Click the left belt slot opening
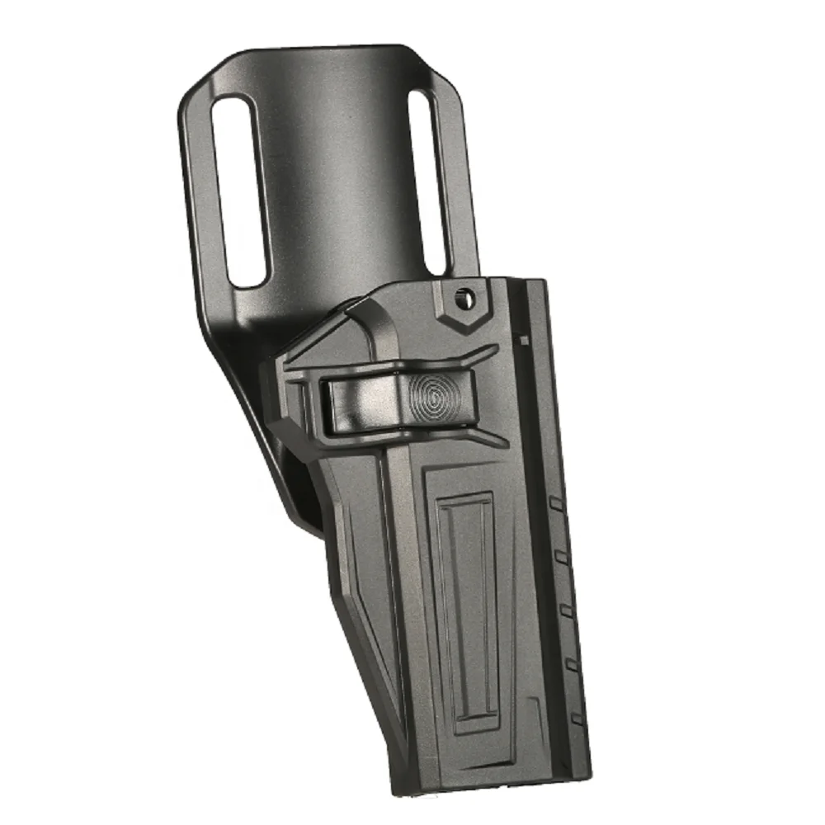pyautogui.click(x=238, y=191)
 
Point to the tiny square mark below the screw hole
pyautogui.click(x=523, y=337)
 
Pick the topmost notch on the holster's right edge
pyautogui.click(x=556, y=502)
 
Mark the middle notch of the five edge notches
pyautogui.click(x=566, y=609)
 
